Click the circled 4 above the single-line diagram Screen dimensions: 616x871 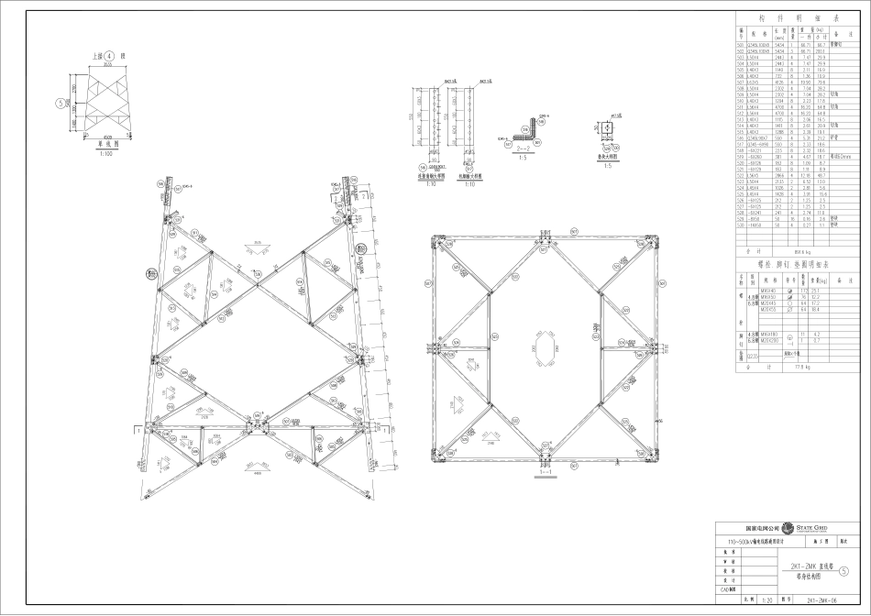(109, 57)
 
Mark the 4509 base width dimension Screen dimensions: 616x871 (105, 134)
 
